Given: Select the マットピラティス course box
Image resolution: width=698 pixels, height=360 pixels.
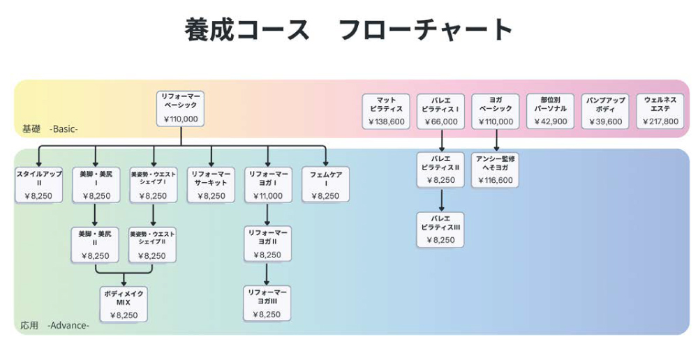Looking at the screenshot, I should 386,111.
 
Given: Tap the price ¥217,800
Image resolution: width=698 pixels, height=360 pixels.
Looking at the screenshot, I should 661,121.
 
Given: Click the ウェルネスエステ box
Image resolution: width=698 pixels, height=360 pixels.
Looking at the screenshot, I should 660,111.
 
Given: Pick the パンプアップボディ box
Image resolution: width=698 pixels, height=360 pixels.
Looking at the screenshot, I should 606,111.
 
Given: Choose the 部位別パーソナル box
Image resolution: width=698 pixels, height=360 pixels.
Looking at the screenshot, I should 551,111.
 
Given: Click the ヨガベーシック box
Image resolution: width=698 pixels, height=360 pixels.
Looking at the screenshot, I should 496,111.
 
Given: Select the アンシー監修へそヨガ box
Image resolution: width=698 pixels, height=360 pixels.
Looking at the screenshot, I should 496,170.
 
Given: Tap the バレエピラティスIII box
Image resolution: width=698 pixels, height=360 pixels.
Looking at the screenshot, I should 440,230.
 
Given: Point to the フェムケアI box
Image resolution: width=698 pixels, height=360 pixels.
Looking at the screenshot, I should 326,184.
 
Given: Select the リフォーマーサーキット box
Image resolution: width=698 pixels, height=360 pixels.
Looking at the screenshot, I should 211,184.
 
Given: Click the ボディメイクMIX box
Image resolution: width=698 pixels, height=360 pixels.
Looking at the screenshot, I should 124,304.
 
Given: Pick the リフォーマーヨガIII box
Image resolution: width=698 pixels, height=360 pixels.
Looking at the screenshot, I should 267,303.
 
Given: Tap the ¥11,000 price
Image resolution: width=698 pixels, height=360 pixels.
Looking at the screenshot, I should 267,196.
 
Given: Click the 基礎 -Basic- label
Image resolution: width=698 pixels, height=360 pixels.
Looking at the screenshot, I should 50,129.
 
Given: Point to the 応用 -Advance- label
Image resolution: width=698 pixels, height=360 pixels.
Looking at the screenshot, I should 54,325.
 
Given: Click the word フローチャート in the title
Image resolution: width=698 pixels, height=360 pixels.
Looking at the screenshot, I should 426,30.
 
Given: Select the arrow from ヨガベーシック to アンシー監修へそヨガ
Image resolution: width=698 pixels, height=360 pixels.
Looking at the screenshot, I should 496,141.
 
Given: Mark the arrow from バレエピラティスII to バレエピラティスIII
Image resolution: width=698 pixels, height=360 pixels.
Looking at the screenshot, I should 440,200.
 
